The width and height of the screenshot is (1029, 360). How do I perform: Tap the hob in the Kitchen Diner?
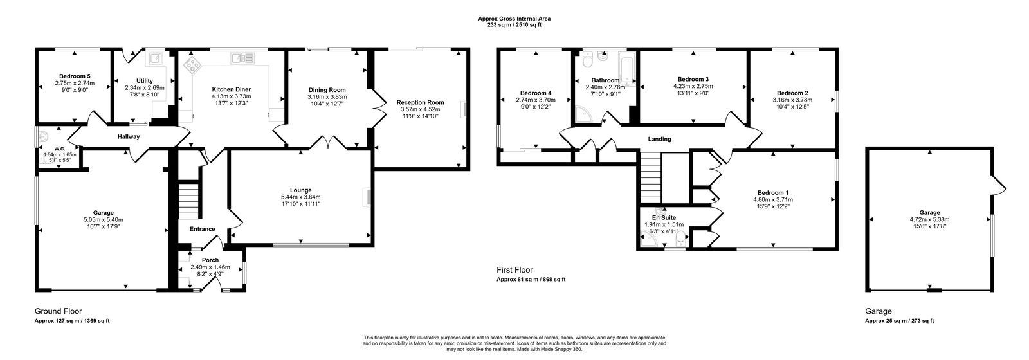[192, 64]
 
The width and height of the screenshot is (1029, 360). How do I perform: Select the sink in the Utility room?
[155, 60]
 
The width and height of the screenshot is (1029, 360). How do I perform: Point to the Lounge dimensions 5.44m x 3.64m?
[300, 197]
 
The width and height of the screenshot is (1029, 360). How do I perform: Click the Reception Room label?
[420, 102]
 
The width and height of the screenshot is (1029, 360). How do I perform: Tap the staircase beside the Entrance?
[188, 201]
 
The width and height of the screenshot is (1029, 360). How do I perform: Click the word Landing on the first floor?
[659, 139]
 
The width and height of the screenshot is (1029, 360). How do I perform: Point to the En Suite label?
[663, 217]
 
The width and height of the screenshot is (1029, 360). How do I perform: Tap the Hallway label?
[128, 137]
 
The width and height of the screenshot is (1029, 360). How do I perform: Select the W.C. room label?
[59, 148]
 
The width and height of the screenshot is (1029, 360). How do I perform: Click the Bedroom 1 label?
[772, 193]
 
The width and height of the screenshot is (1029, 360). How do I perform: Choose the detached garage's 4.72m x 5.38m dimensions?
[929, 220]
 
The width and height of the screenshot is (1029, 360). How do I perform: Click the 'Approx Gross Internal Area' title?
[514, 19]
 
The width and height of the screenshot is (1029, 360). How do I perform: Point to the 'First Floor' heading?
[514, 270]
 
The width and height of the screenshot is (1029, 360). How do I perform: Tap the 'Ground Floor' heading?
[58, 310]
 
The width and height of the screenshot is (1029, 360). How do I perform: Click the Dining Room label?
[327, 90]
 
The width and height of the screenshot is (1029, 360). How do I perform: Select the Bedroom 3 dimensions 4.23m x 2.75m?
[693, 86]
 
